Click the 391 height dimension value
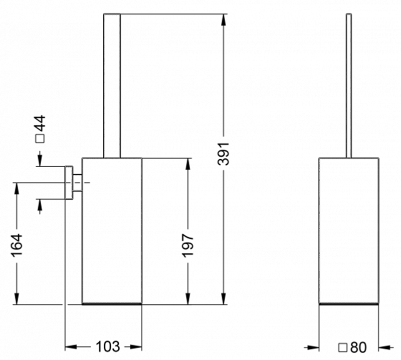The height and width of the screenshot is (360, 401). coord(223,154)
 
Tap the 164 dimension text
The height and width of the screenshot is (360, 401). coord(17,244)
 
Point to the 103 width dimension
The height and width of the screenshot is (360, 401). coord(108,346)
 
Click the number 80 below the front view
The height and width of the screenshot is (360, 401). coord(358,347)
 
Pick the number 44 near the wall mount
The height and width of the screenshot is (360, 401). coord(40,123)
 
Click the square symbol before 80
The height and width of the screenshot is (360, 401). coord(343,348)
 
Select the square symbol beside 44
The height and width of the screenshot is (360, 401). coord(40,139)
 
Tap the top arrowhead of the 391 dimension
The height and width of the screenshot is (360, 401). coord(224,20)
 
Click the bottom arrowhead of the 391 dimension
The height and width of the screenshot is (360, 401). coord(224,299)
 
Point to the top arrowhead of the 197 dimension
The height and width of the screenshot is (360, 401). coord(188,164)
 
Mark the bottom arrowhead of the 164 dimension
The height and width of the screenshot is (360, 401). coord(17,299)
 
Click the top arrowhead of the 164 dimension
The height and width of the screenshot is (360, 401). coord(17,189)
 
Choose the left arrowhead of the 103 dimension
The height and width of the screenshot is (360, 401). coord(71,347)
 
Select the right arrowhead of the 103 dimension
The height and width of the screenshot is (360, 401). coord(136,347)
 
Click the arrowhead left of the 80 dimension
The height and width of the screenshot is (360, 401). coord(313,347)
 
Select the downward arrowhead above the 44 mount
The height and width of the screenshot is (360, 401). coord(40,160)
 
